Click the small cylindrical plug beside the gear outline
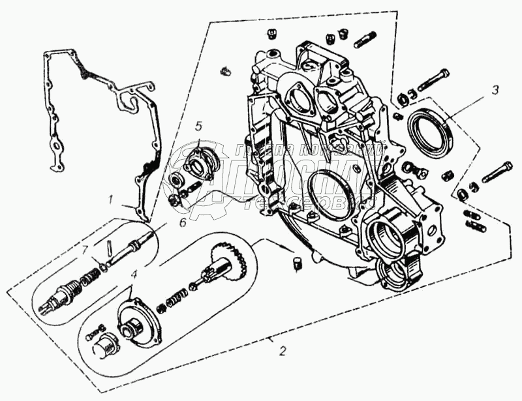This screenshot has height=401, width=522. tap(298, 263)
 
